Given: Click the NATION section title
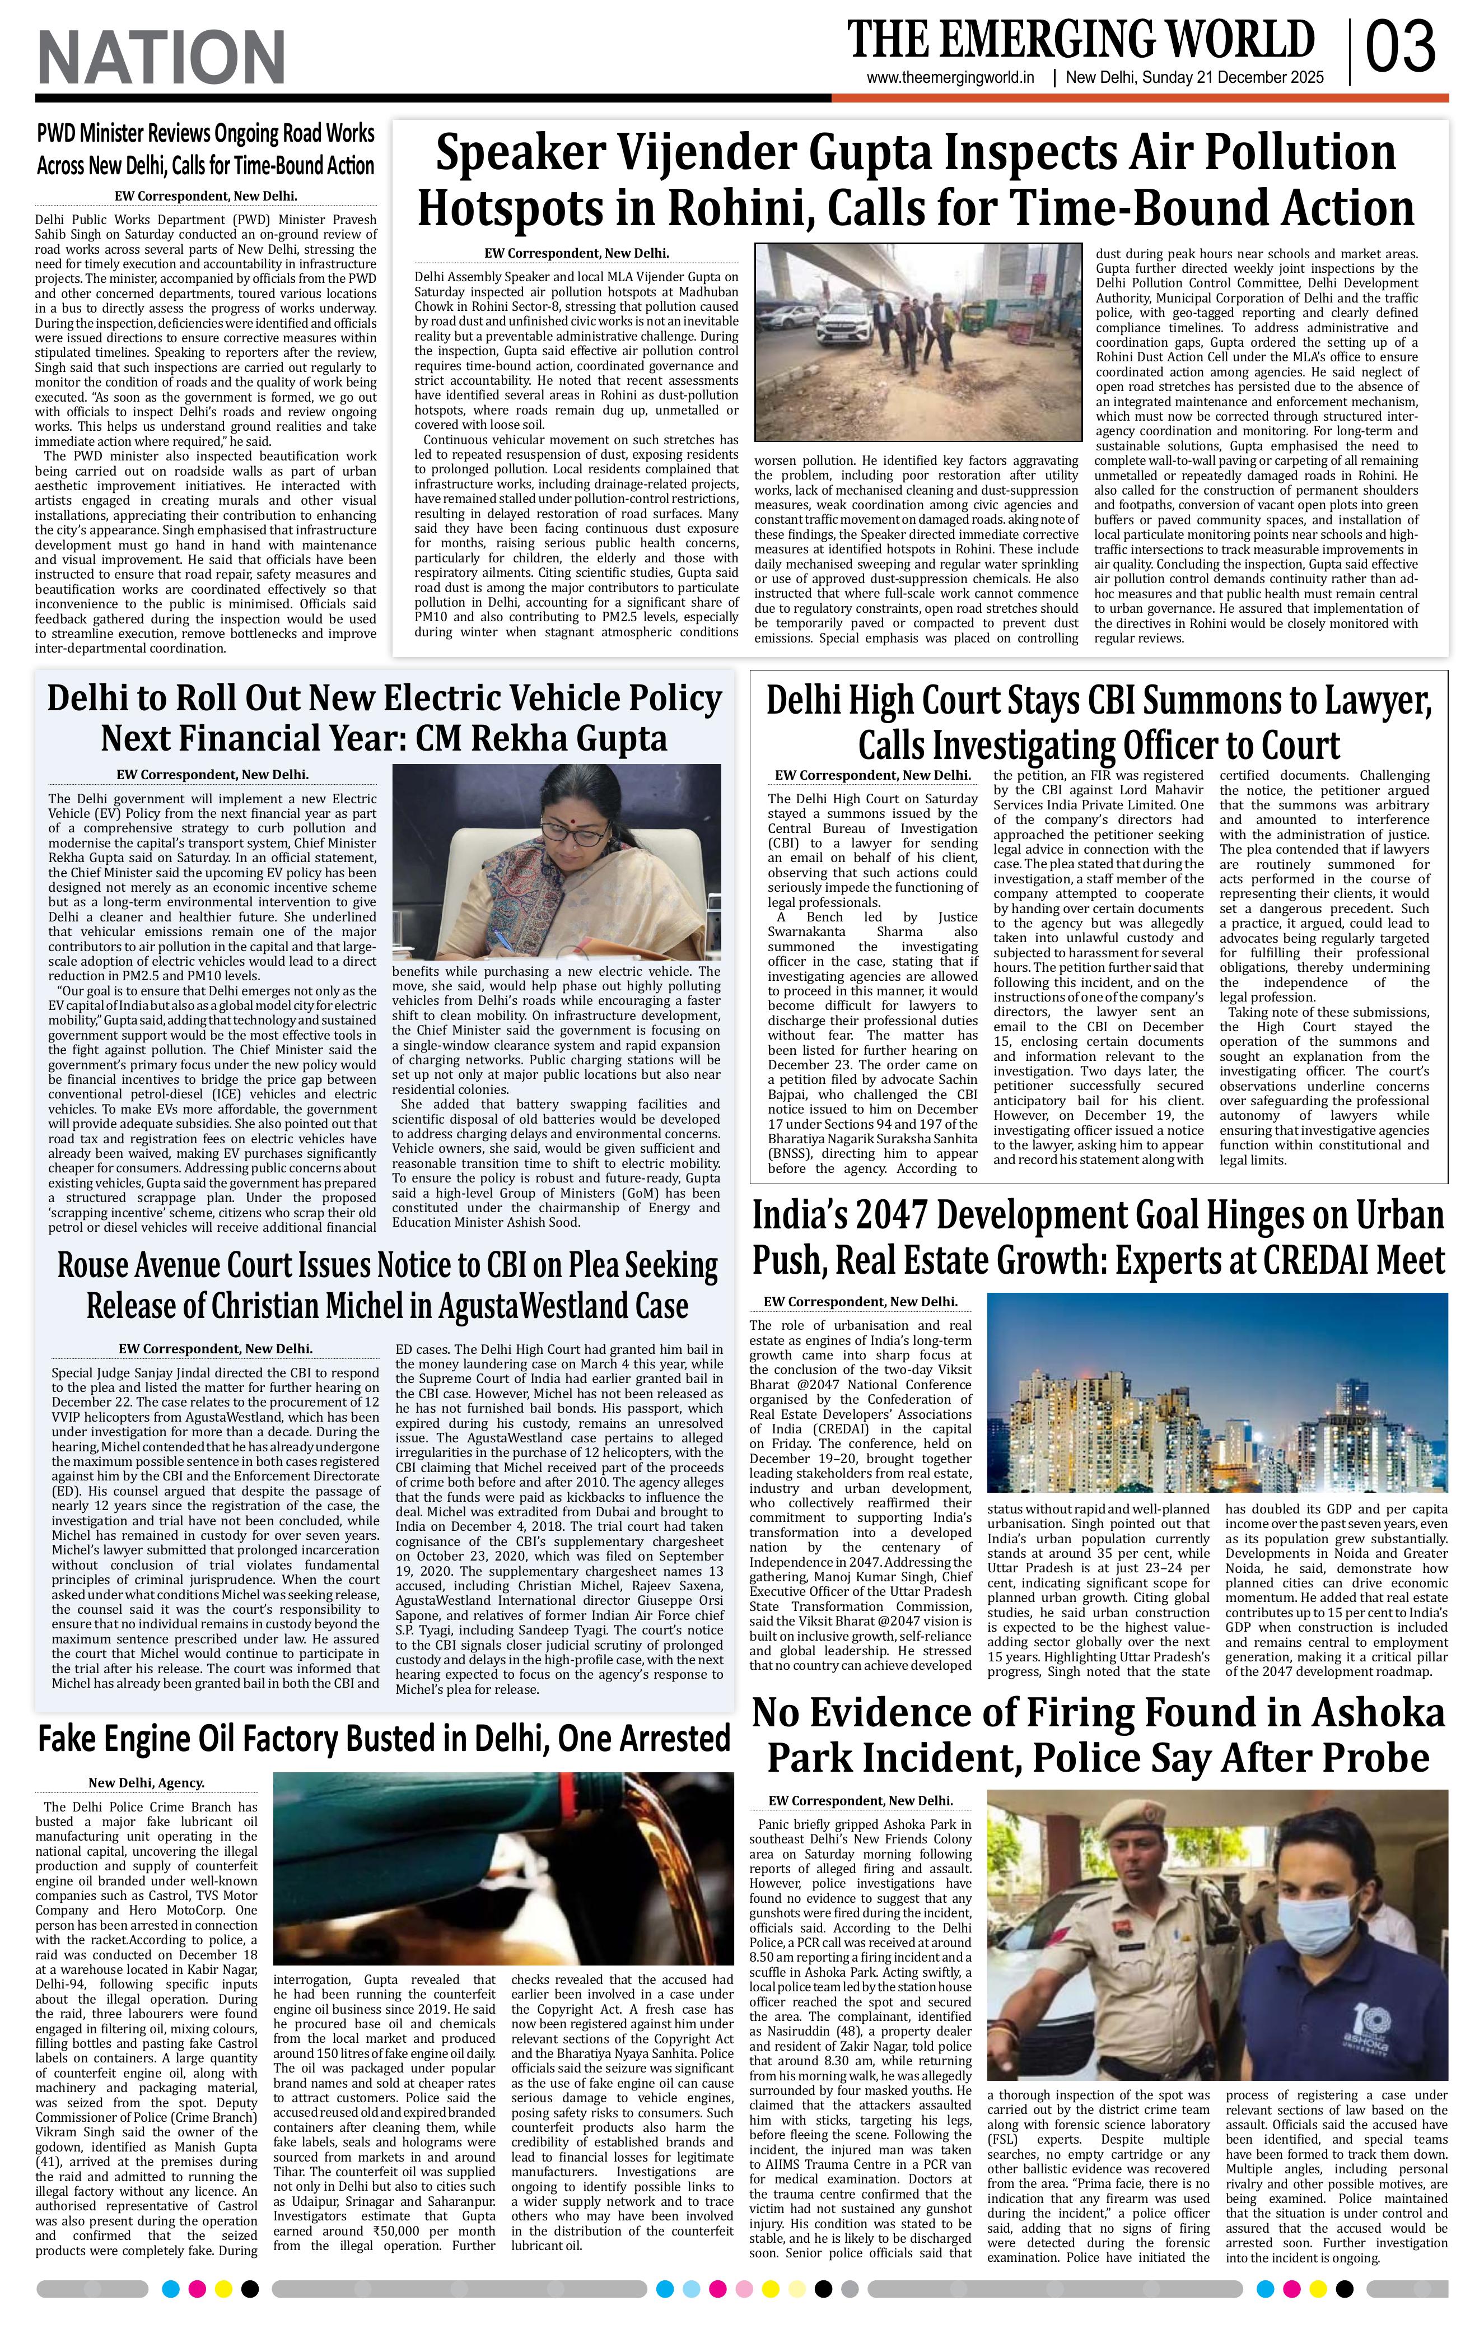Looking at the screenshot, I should [161, 57].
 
